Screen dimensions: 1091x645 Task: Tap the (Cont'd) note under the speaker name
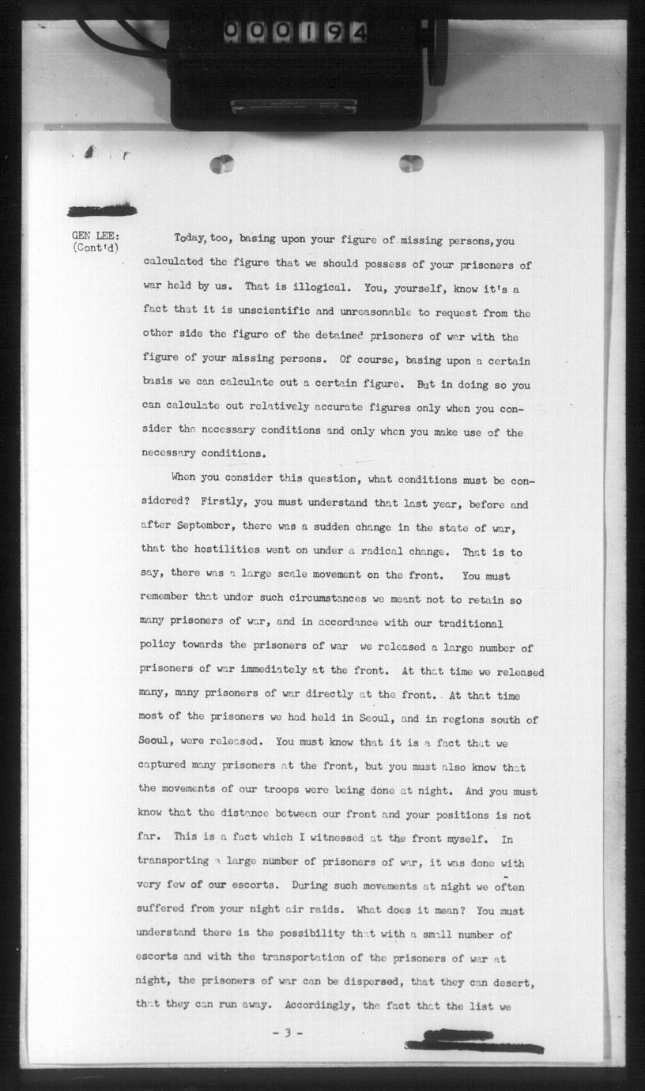96,247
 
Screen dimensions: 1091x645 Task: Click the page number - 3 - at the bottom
287,1032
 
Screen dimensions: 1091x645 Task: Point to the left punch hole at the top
222,164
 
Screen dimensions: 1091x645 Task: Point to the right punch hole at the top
411,164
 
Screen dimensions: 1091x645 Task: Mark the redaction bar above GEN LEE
102,210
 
